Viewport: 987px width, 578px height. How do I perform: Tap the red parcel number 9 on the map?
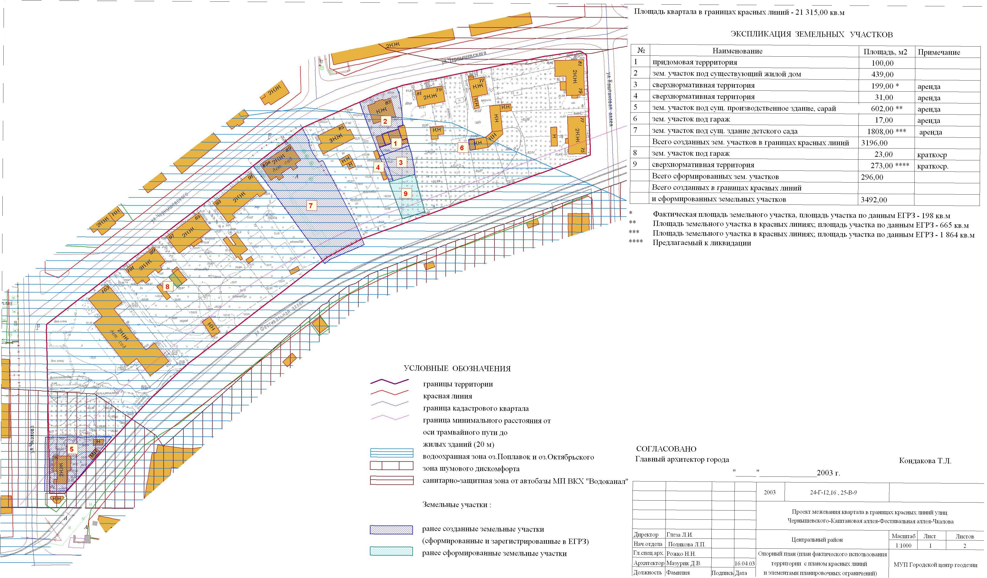click(406, 193)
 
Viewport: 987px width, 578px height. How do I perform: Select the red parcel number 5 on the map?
click(72, 449)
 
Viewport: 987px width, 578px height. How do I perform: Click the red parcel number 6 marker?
click(462, 148)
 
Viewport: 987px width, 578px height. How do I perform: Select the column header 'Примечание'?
click(939, 52)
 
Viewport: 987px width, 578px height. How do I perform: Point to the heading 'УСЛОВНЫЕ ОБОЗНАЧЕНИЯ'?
click(457, 369)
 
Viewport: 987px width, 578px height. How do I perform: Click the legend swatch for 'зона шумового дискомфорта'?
click(391, 466)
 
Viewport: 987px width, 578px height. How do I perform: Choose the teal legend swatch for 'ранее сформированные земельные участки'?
click(391, 551)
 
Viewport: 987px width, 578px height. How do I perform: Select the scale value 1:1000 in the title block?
click(903, 545)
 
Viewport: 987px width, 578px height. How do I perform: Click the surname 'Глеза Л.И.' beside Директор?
click(680, 535)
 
